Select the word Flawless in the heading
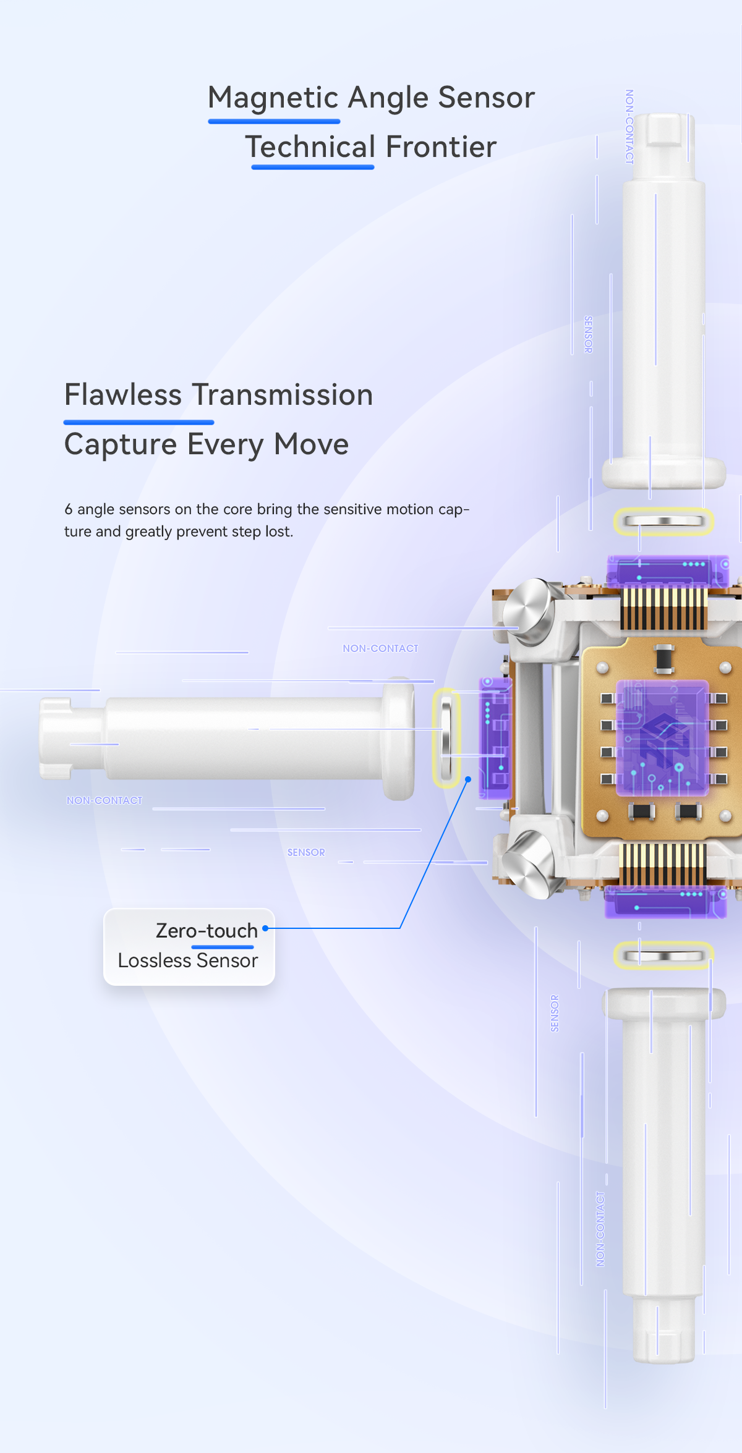[123, 395]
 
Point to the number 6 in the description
[69, 509]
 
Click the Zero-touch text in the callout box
[207, 931]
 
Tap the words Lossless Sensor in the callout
[188, 960]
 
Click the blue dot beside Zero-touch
[265, 928]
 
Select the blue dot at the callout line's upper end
[468, 779]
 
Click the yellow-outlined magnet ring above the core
[663, 521]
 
